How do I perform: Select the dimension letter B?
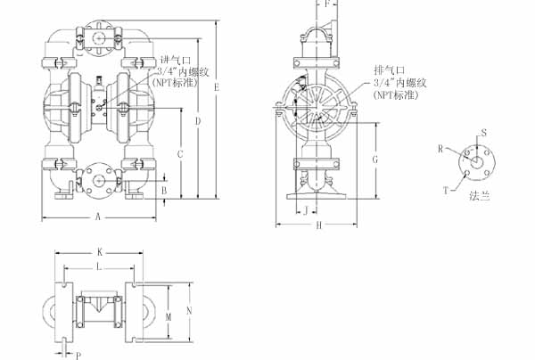click(x=165, y=190)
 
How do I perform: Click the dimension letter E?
click(x=217, y=86)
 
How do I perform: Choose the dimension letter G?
click(x=376, y=158)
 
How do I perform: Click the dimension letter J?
click(x=307, y=211)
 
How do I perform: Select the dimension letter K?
click(x=100, y=252)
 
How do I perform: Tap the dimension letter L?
click(x=99, y=266)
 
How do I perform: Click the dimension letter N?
click(x=190, y=311)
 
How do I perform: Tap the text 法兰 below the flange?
click(x=481, y=195)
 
